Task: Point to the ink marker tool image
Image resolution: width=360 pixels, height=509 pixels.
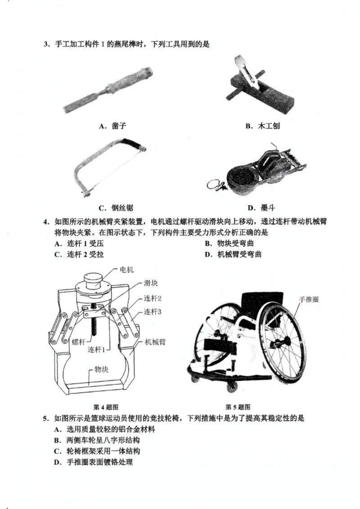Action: (256, 171)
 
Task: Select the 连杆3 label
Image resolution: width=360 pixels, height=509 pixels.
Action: (153, 311)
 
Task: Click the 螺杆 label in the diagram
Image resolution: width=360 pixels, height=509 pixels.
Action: (78, 342)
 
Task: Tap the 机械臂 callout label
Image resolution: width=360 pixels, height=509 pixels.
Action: (155, 342)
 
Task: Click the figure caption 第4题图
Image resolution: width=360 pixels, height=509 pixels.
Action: (106, 406)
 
